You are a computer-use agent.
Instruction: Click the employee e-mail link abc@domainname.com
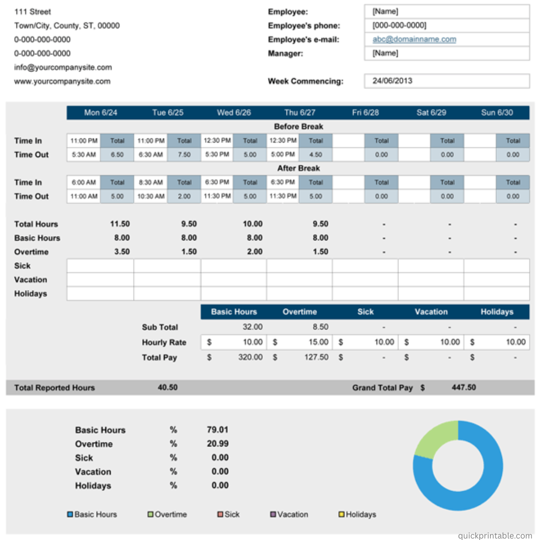(414, 39)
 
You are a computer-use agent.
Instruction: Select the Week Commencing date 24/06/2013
(392, 81)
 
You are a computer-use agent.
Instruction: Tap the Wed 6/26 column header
(234, 112)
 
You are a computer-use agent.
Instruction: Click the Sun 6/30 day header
(497, 112)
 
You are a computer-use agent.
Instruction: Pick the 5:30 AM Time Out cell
(83, 154)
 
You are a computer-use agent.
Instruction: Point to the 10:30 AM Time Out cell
(151, 196)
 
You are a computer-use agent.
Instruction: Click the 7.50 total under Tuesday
(184, 154)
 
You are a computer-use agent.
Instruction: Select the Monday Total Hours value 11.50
(120, 224)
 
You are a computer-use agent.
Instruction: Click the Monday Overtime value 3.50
(122, 251)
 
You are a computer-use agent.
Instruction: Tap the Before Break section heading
(298, 126)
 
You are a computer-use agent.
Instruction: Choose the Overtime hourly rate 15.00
(318, 342)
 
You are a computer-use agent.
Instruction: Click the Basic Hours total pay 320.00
(250, 357)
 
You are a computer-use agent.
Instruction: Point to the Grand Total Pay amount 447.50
(463, 387)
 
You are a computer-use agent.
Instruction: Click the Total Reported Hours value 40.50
(167, 387)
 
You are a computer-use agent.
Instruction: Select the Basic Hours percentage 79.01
(217, 430)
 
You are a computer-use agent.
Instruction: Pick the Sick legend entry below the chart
(228, 514)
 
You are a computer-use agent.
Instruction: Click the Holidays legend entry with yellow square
(357, 514)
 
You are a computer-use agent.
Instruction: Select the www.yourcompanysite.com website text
(62, 81)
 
